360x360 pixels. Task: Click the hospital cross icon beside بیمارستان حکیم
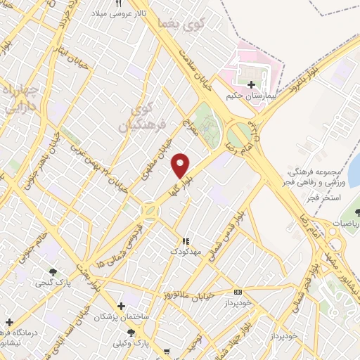(x=252, y=84)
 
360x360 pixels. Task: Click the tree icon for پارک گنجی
(x=53, y=271)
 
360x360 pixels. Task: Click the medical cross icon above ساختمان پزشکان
(x=122, y=307)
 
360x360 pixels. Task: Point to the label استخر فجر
(x=326, y=199)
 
